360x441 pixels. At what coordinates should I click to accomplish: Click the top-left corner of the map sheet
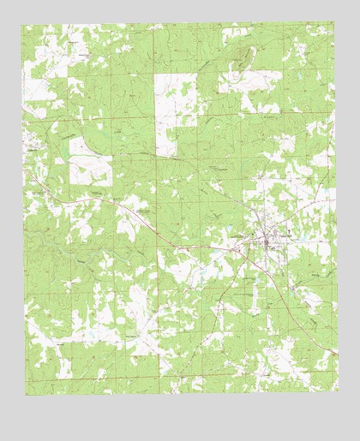tap(23, 25)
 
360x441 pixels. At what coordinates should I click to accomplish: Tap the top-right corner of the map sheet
tap(334, 23)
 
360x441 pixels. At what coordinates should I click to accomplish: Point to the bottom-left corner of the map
tap(25, 396)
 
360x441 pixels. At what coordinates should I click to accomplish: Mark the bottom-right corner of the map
tap(336, 395)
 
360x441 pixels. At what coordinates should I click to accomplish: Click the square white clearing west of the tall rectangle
tap(89, 159)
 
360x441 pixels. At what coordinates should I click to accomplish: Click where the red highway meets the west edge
tap(24, 169)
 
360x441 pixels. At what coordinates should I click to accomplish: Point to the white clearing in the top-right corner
tap(317, 39)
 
